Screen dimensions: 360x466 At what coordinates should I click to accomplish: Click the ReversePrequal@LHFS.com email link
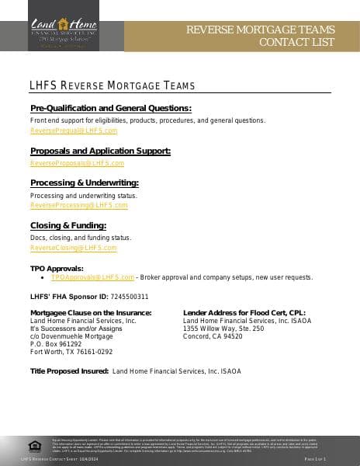tap(74, 131)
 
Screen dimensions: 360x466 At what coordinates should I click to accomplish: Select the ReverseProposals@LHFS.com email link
tap(77, 163)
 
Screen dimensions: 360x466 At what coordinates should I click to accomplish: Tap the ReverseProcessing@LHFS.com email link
tap(78, 206)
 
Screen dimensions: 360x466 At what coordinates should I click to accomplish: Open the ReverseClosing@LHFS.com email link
tap(73, 248)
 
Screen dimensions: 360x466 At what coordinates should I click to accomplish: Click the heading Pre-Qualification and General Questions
tap(110, 108)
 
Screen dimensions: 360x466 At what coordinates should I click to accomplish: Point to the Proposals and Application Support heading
tap(100, 151)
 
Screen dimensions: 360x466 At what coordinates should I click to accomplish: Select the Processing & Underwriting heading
tap(84, 183)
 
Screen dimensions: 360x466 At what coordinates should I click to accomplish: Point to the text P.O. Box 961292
tap(55, 344)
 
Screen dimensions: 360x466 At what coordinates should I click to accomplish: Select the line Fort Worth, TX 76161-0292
tap(71, 352)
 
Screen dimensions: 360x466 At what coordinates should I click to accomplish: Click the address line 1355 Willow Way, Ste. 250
tap(223, 329)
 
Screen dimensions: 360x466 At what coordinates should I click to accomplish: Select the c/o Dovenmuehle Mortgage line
tap(71, 336)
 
